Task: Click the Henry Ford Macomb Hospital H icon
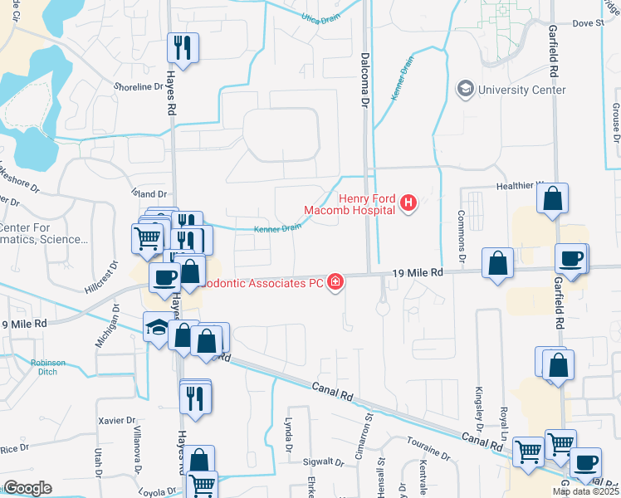pyautogui.click(x=408, y=203)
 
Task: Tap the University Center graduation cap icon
pyautogui.click(x=465, y=89)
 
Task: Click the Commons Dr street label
pyautogui.click(x=462, y=231)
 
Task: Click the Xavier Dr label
pyautogui.click(x=115, y=421)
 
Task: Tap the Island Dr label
pyautogui.click(x=149, y=194)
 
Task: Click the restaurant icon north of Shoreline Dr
pyautogui.click(x=183, y=47)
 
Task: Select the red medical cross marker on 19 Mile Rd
pyautogui.click(x=335, y=283)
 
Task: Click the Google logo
pyautogui.click(x=27, y=487)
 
